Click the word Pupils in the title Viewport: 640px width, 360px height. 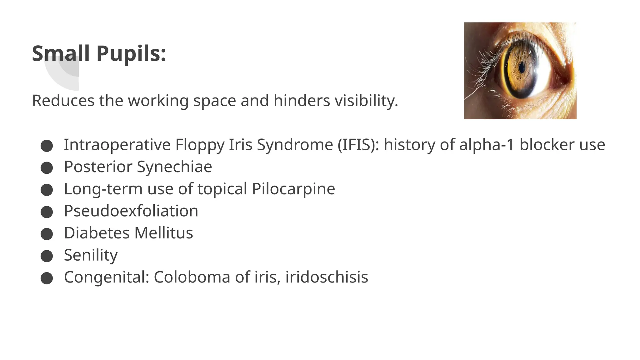click(x=131, y=53)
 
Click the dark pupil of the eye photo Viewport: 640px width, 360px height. click(x=521, y=67)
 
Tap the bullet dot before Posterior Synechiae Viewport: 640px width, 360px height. click(x=47, y=168)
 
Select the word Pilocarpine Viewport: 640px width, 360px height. click(x=293, y=189)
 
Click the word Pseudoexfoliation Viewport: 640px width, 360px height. click(x=131, y=211)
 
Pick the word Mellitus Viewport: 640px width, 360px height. click(x=164, y=233)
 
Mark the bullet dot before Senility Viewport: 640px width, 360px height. click(x=47, y=256)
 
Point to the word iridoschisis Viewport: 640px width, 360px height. click(x=327, y=277)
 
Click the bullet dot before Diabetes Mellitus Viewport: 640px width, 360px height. click(x=47, y=234)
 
